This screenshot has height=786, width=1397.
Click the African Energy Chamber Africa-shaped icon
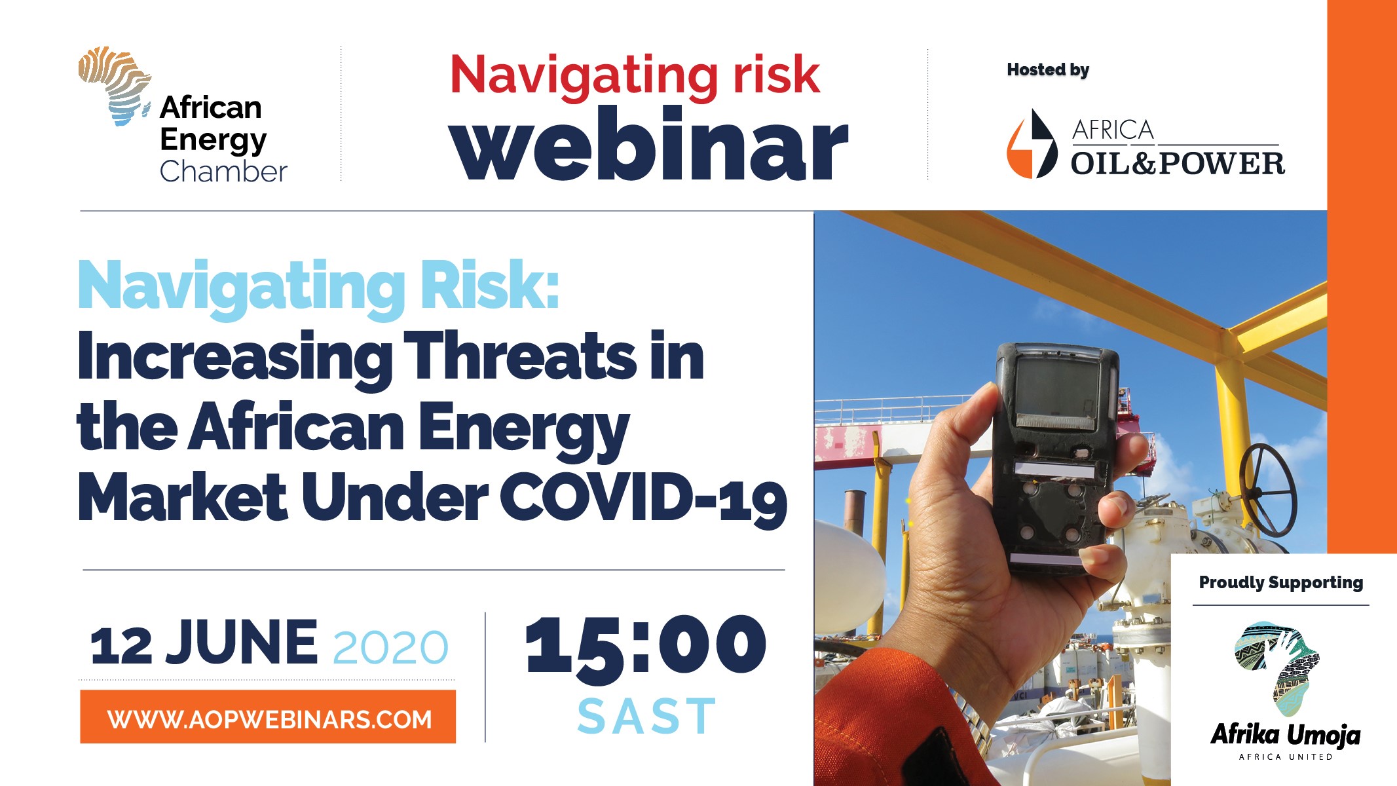114,85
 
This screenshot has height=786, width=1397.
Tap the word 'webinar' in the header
648,144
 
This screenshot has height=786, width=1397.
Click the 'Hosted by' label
1048,70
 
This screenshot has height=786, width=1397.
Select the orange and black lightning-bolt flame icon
1032,144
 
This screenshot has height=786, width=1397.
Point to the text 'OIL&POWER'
1178,164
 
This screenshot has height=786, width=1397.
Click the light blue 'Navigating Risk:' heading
318,287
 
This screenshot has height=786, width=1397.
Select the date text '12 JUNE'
204,643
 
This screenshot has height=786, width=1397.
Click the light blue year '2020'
390,648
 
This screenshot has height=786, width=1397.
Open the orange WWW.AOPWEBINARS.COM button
268,717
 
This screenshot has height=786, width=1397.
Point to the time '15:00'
645,646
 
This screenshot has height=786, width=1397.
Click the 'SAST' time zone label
646,717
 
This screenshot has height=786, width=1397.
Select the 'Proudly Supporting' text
1281,582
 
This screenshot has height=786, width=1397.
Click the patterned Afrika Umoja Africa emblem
1277,668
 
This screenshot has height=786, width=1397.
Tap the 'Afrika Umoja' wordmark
1285,735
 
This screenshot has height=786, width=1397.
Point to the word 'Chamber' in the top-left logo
223,172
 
